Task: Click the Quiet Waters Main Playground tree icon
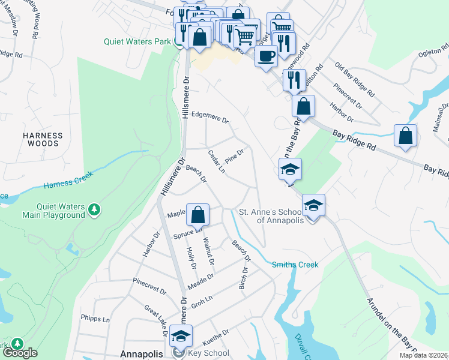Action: pos(94,209)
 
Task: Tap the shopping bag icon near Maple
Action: pos(197,215)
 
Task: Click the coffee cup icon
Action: pos(265,56)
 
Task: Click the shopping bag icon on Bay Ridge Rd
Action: pos(406,136)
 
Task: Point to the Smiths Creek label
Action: pos(295,265)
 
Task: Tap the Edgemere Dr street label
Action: pos(210,117)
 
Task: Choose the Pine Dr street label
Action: pos(234,156)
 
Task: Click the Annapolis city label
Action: pos(142,354)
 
